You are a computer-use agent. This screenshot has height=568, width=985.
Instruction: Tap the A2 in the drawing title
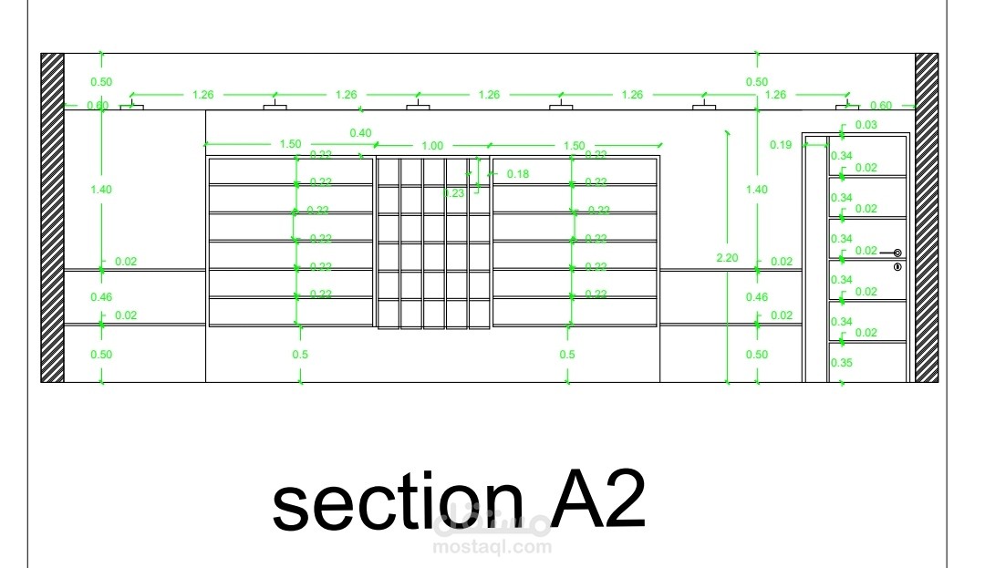(x=598, y=501)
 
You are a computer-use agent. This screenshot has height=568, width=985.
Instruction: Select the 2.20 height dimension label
(x=727, y=258)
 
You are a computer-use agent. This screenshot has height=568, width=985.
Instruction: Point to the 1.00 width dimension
(x=432, y=146)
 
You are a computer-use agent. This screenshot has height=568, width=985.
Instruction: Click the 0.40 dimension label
(x=360, y=133)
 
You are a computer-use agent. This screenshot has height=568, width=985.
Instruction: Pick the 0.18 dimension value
(x=517, y=174)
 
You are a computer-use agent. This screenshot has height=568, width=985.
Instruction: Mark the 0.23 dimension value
(x=454, y=192)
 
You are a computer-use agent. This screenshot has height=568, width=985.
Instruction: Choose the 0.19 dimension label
(x=781, y=145)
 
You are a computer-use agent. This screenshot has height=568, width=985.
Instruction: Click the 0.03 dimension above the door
(x=866, y=125)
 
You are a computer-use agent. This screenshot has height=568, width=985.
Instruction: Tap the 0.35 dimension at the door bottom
(x=841, y=363)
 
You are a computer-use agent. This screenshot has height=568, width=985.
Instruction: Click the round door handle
(x=897, y=253)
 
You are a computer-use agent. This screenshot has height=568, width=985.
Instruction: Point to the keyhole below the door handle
(x=897, y=267)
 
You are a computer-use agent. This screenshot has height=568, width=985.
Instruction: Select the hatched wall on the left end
(x=52, y=218)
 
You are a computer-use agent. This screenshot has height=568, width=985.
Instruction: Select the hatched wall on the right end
(x=927, y=218)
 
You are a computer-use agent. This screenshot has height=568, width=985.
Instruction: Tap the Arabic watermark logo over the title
(x=493, y=522)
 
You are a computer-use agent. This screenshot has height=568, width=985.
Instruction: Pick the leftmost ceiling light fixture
(x=132, y=107)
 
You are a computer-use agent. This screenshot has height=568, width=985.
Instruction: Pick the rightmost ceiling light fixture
(x=847, y=107)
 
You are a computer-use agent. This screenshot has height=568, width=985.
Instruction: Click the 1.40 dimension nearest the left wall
(x=101, y=190)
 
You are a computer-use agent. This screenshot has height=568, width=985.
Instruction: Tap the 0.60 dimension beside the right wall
(x=881, y=106)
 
